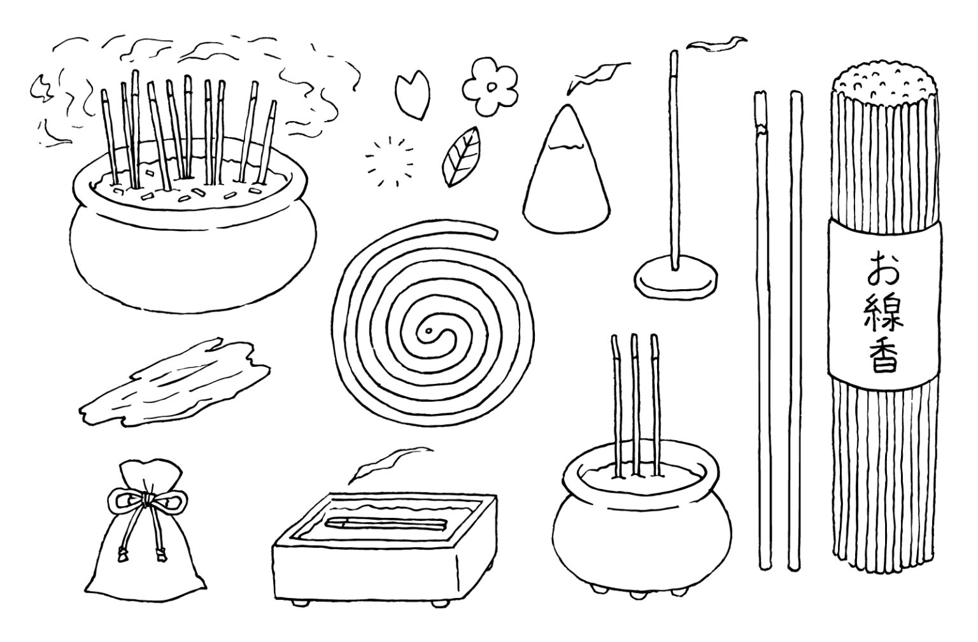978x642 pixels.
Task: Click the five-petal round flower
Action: pyautogui.click(x=490, y=87)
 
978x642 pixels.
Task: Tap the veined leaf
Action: pyautogui.click(x=461, y=156)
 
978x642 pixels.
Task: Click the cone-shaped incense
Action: pyautogui.click(x=567, y=170)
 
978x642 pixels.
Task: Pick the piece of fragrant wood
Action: pyautogui.click(x=174, y=383)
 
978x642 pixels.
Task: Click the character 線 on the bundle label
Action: pyautogui.click(x=884, y=313)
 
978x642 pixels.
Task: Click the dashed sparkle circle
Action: pyautogui.click(x=389, y=162)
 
